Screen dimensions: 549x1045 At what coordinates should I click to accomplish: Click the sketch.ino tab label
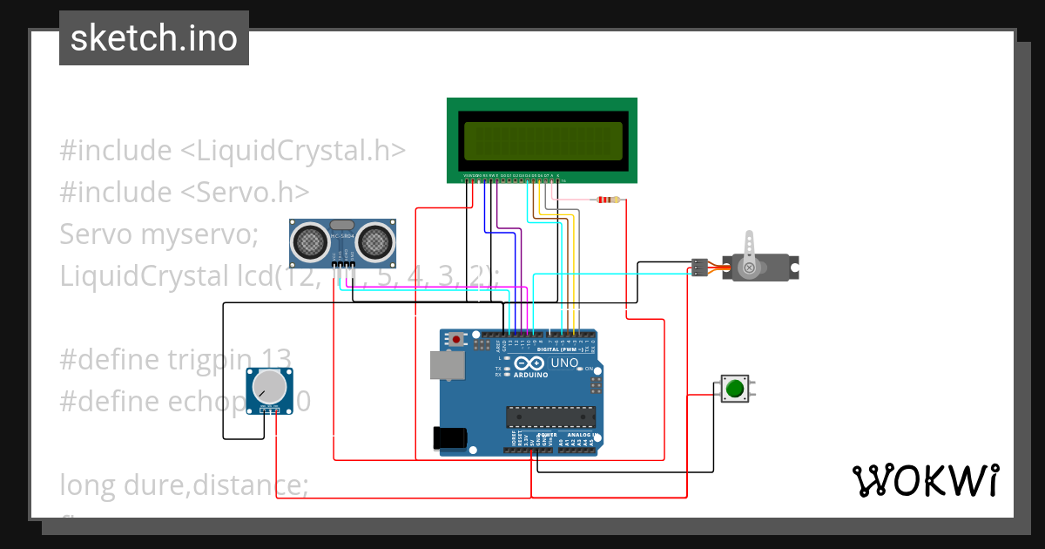tap(154, 38)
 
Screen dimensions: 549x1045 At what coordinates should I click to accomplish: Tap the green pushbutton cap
tap(734, 389)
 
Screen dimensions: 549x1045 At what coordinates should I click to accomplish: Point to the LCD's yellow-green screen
tap(543, 141)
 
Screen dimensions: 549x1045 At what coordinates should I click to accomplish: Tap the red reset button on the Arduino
tap(455, 339)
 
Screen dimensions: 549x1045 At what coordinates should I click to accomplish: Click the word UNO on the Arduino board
tap(565, 363)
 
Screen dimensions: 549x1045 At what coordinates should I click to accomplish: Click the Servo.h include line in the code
tap(185, 192)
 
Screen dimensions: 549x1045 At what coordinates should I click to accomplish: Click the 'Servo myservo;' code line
tap(159, 234)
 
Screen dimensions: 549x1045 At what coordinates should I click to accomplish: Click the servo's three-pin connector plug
tap(698, 267)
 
